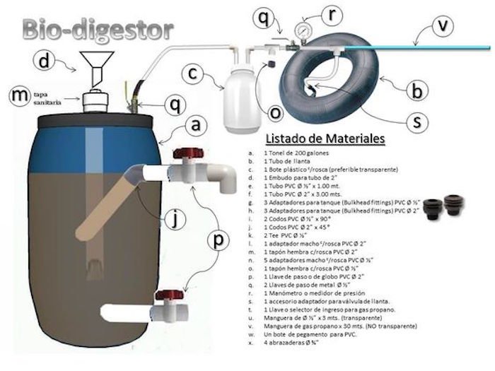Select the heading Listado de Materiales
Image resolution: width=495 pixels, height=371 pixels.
click(x=323, y=139)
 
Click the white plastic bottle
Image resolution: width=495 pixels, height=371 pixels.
click(x=238, y=107)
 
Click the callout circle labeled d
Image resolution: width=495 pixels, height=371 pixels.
click(x=47, y=63)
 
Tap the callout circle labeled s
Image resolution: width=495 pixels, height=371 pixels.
click(x=419, y=121)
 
